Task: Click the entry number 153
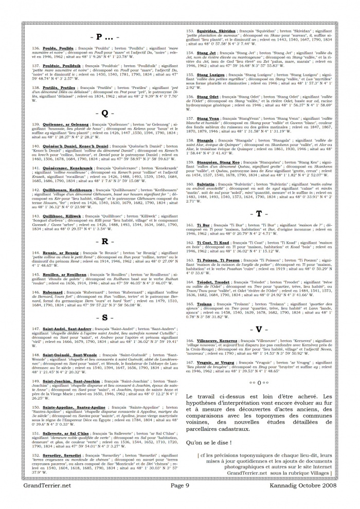(x=190, y=31)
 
